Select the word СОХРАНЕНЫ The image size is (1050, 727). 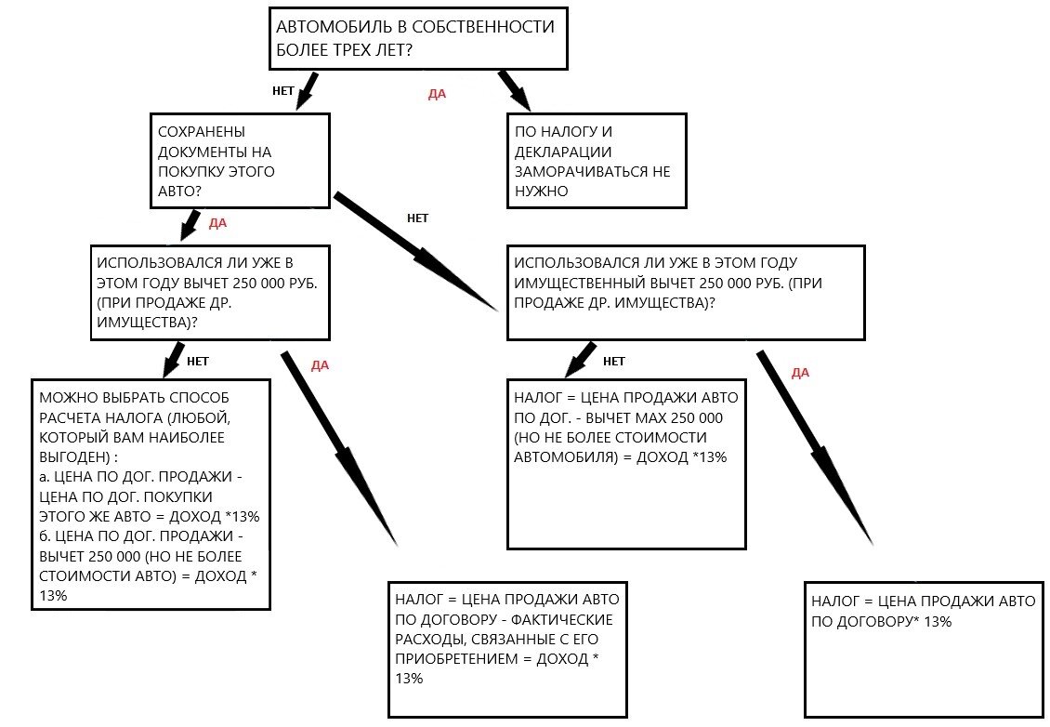click(x=202, y=132)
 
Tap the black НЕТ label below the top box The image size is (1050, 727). click(x=283, y=91)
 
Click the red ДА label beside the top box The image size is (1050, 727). click(x=437, y=95)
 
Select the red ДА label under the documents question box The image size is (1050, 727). click(x=217, y=223)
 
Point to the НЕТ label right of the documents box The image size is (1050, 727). click(x=417, y=218)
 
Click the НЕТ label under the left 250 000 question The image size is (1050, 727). click(x=198, y=361)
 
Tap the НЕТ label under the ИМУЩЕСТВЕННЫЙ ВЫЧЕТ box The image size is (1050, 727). click(x=613, y=361)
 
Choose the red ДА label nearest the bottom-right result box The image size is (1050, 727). click(x=800, y=373)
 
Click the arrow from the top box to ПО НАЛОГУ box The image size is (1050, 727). click(x=514, y=90)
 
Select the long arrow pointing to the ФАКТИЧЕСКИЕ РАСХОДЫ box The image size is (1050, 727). click(x=339, y=448)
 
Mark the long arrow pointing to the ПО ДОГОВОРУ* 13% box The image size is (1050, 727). click(x=815, y=448)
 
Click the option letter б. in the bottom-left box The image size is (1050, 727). click(x=45, y=536)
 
